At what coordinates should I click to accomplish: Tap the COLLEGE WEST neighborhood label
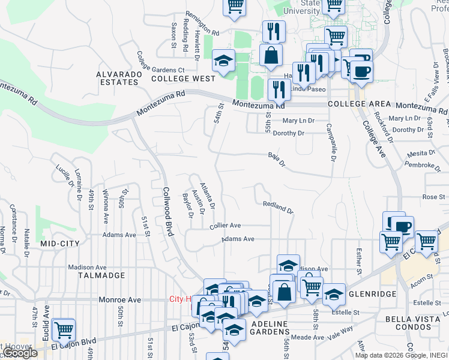(183, 79)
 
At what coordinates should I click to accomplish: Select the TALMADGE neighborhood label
(101, 275)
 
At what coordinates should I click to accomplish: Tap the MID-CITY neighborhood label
(60, 244)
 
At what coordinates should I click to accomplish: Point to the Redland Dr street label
(277, 208)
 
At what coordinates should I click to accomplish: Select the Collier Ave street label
(225, 226)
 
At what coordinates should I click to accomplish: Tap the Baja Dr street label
(276, 159)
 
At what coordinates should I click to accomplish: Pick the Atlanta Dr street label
(207, 196)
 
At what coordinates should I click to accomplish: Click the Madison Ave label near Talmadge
(87, 268)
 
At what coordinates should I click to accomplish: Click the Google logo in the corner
(19, 353)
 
